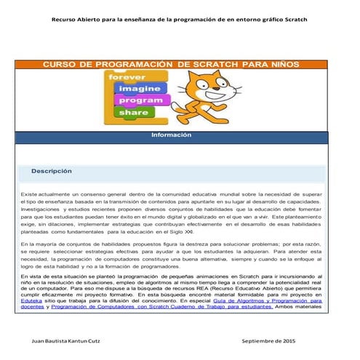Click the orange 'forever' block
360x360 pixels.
click(128, 76)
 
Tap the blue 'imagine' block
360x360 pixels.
click(136, 88)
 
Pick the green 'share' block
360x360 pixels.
click(133, 112)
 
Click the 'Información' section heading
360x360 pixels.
click(171, 135)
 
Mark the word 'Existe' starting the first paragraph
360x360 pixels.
click(29, 195)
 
